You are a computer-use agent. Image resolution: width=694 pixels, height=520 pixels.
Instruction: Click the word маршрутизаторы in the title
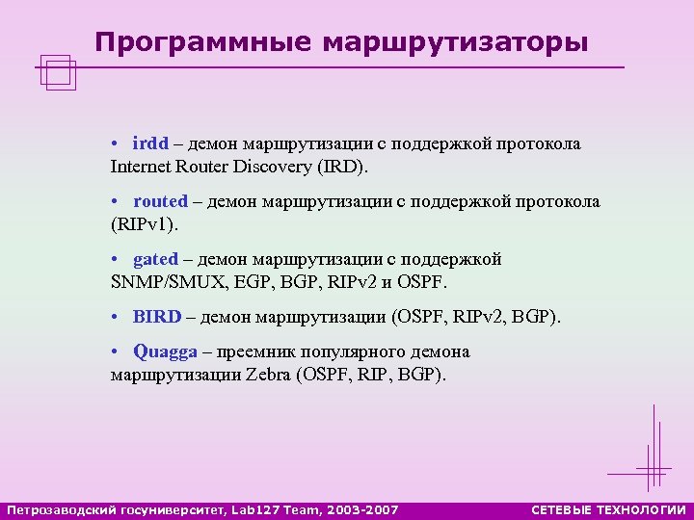click(454, 42)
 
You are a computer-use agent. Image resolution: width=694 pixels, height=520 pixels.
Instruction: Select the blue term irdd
click(151, 143)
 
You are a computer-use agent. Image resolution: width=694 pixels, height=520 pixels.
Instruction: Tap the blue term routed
click(160, 201)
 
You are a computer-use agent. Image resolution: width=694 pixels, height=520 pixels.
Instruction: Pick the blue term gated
click(155, 259)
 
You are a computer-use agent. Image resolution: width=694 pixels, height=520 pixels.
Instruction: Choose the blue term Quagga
click(164, 351)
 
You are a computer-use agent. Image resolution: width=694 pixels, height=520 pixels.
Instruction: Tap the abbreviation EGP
click(251, 282)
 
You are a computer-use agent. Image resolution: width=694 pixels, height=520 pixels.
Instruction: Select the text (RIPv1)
click(145, 224)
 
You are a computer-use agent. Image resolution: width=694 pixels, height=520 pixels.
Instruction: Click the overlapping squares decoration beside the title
click(59, 72)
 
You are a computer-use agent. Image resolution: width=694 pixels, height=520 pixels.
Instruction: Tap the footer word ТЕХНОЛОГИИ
click(645, 508)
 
